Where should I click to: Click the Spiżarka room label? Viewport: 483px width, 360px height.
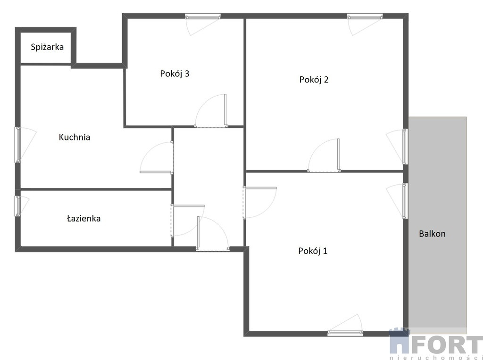tap(47, 47)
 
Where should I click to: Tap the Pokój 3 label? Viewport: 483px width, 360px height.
tap(175, 74)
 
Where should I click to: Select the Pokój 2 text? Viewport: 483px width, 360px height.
tap(314, 80)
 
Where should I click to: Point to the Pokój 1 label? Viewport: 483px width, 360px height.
tap(313, 251)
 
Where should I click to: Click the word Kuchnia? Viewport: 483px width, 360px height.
tap(75, 137)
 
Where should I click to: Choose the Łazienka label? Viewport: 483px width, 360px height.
tap(84, 219)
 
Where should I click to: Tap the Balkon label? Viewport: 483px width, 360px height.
tap(432, 234)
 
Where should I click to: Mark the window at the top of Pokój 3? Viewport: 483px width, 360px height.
tap(203, 16)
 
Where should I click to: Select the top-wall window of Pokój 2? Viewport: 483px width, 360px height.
tap(365, 16)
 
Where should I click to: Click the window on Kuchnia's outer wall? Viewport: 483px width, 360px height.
tap(18, 145)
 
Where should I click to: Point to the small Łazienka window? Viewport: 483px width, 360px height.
tap(18, 206)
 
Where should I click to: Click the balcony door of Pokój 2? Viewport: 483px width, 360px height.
tap(405, 147)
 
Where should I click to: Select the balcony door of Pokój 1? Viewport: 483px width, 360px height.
tap(405, 201)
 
